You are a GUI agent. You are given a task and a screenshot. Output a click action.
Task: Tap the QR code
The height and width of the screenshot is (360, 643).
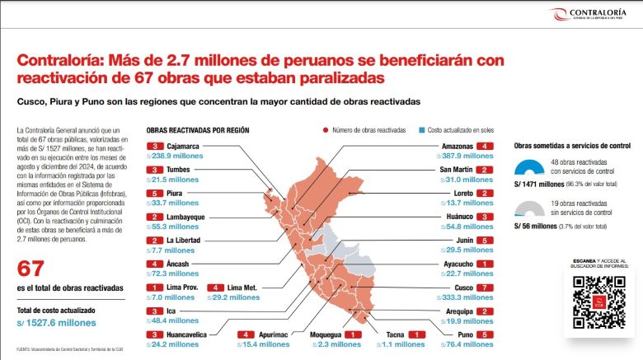(x=599, y=301)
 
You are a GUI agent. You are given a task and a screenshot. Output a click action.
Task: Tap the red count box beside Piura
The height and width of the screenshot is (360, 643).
(x=153, y=194)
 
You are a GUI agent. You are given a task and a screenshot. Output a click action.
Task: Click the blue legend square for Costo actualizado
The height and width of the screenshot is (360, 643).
(x=420, y=130)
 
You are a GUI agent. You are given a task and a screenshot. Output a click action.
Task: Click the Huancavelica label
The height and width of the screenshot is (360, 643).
(x=194, y=334)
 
